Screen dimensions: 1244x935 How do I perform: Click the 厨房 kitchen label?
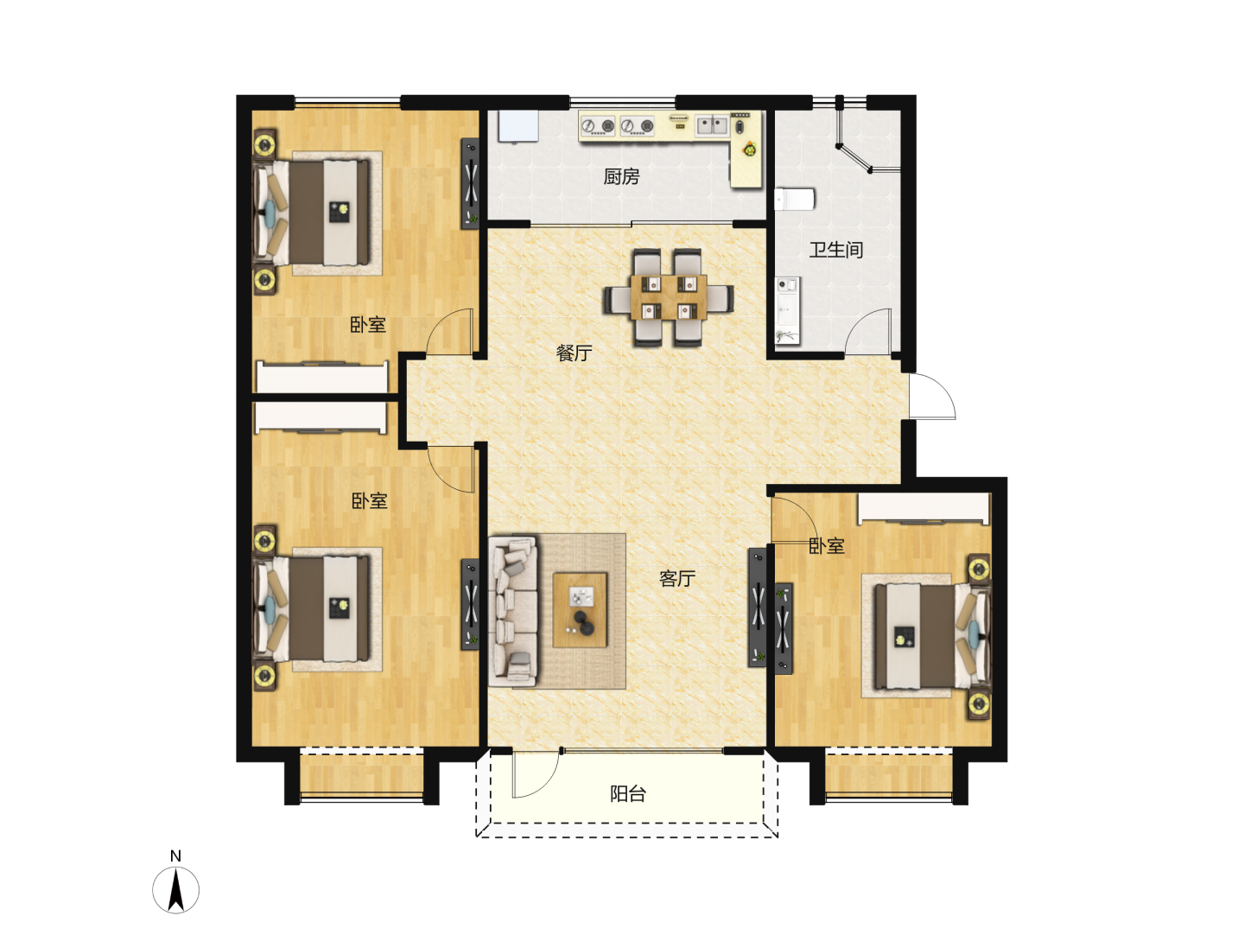621,177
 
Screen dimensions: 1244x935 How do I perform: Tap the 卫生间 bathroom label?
835,250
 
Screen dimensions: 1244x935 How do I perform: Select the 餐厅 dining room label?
574,353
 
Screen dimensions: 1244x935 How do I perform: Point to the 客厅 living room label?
676,578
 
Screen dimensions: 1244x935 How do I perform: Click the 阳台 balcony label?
627,794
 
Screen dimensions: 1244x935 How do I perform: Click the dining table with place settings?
669,297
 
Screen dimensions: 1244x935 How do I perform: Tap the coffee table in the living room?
580,610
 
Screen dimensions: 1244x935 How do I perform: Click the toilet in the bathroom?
795,199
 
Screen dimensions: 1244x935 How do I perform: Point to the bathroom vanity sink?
787,310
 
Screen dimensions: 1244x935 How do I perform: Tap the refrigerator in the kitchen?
518,125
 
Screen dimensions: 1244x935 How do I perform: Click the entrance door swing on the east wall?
932,396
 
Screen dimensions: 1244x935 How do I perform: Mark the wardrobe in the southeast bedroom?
923,508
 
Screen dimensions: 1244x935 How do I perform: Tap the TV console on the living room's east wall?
757,607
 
